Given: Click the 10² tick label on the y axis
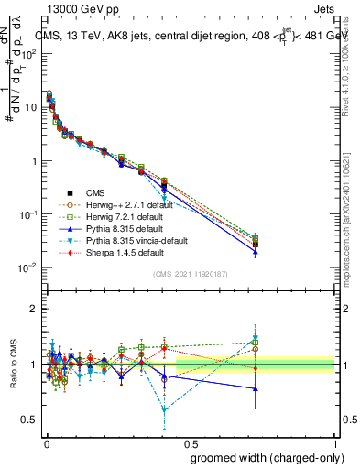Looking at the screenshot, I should tap(29, 53).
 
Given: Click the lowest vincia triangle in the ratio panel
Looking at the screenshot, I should tap(164, 409).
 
